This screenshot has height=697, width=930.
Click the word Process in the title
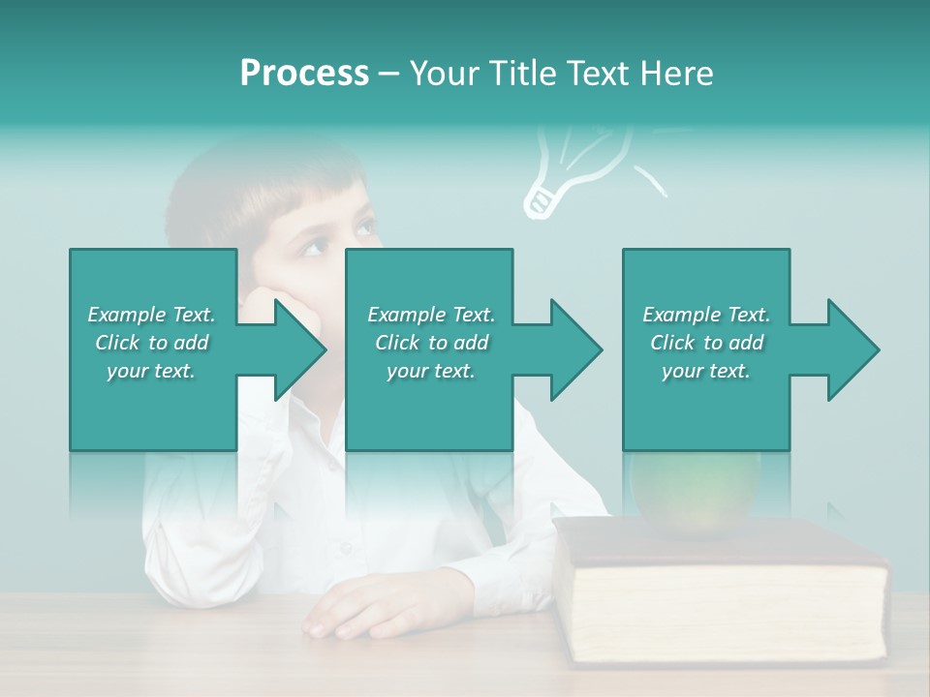point(304,73)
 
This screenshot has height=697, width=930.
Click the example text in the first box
point(151,343)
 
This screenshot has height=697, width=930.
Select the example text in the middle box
point(430,343)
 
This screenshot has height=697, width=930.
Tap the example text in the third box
point(706,343)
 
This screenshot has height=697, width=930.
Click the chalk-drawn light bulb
point(581,165)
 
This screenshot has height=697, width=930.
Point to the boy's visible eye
point(363,229)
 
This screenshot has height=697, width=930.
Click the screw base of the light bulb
point(539,201)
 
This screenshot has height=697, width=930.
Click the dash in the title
point(388,74)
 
